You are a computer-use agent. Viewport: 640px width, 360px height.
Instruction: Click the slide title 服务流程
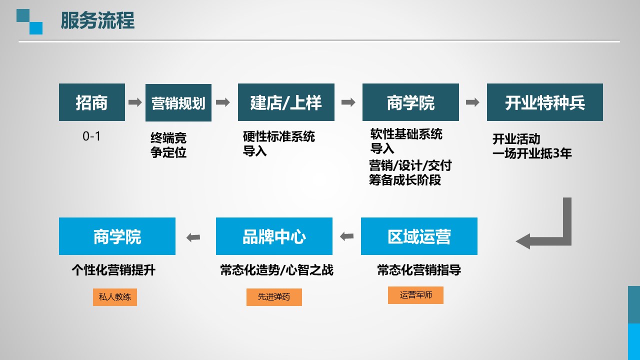97,20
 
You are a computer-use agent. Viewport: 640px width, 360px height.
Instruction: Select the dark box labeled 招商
92,102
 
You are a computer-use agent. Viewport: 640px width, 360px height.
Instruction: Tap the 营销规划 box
178,103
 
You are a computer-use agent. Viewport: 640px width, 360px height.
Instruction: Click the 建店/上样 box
286,102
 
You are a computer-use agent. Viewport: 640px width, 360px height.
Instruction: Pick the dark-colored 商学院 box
410,102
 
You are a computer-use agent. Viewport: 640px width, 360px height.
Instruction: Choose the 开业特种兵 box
545,102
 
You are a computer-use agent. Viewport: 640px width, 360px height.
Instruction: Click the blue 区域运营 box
419,236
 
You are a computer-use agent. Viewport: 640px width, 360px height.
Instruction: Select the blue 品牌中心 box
274,236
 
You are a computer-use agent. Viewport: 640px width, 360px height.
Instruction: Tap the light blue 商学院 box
117,236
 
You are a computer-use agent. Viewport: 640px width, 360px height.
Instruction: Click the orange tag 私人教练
115,297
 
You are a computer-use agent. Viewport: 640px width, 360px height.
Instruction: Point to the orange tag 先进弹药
274,297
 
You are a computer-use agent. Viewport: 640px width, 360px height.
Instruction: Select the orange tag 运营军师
415,295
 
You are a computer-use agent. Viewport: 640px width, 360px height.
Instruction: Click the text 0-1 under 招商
91,136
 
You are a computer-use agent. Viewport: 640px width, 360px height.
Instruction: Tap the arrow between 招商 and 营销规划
135,102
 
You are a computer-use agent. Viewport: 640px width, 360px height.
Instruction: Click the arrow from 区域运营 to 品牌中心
347,236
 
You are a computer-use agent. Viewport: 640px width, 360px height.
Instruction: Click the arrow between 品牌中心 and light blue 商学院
193,237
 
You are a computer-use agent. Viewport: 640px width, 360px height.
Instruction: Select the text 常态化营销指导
419,270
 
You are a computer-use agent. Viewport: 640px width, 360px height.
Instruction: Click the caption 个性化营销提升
113,270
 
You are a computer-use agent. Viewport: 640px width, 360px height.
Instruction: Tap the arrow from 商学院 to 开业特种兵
472,102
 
